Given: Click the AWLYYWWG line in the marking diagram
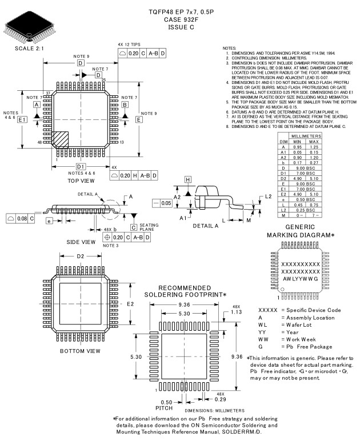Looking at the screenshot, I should pyautogui.click(x=298, y=279).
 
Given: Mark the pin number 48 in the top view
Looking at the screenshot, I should pyautogui.click(x=39, y=142).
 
